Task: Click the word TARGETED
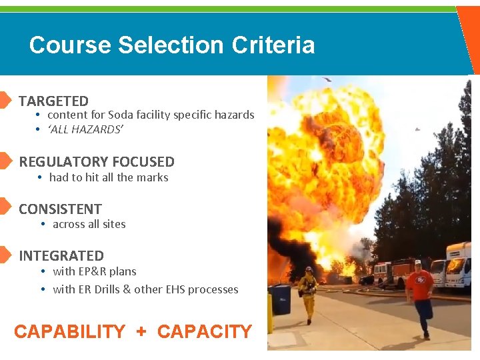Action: coord(53,101)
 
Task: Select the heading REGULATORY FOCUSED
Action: coord(97,162)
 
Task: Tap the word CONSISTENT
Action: coord(60,209)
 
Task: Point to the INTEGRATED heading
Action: coord(61,256)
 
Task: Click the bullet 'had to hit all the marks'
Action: coord(109,178)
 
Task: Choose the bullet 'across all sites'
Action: coord(89,225)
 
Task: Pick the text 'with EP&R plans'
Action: coord(95,272)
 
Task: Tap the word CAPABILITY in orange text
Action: coord(69,332)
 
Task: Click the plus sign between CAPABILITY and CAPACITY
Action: coord(141,332)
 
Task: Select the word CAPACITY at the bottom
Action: coord(205,332)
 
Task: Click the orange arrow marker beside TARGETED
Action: coord(5,101)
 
